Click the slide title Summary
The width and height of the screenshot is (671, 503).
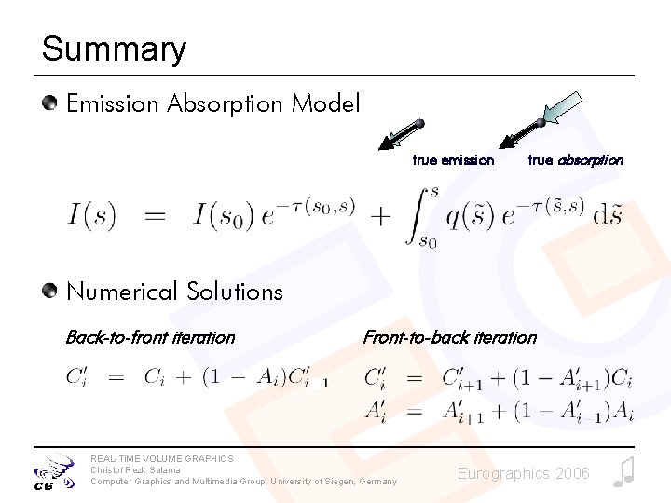coord(114,48)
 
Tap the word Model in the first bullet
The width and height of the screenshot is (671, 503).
coord(325,103)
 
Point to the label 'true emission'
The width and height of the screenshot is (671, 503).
coord(453,160)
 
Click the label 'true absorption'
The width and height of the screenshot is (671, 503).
coord(575,160)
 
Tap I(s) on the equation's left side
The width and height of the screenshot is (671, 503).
coord(91,217)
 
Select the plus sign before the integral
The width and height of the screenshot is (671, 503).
coord(380,217)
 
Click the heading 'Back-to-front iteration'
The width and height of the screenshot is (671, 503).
coord(150,337)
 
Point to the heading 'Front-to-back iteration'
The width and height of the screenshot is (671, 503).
coord(449,337)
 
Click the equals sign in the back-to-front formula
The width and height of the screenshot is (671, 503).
coord(116,377)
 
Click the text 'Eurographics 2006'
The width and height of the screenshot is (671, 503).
coord(523,474)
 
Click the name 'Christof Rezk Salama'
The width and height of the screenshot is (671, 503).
coord(135,469)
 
